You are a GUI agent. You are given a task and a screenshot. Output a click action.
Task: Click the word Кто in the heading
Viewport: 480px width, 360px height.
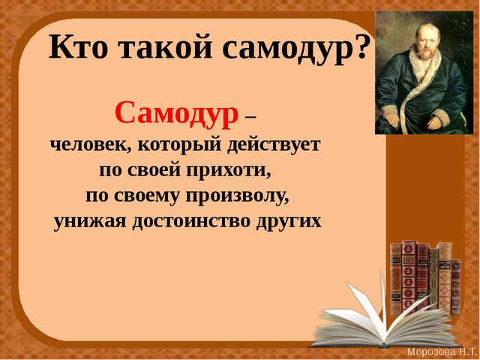click(78, 46)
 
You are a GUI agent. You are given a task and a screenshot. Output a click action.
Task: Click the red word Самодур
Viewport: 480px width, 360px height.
click(177, 112)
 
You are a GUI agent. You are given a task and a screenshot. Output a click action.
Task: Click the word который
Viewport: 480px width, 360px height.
click(180, 145)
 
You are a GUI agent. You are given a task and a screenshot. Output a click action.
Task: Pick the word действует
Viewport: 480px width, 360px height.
click(274, 145)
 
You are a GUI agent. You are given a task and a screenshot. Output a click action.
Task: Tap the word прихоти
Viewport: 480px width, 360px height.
click(229, 170)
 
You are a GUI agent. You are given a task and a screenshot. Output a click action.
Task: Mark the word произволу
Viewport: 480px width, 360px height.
click(238, 196)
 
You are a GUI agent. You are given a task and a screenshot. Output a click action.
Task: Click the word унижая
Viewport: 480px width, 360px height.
click(89, 222)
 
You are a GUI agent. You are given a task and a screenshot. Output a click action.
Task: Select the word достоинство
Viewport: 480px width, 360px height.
click(191, 221)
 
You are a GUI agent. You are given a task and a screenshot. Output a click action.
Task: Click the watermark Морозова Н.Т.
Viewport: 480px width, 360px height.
click(442, 351)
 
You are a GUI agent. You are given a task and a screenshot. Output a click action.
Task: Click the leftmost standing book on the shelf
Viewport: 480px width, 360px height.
click(396, 278)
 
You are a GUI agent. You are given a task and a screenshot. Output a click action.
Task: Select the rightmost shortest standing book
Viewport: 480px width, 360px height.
click(456, 287)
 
